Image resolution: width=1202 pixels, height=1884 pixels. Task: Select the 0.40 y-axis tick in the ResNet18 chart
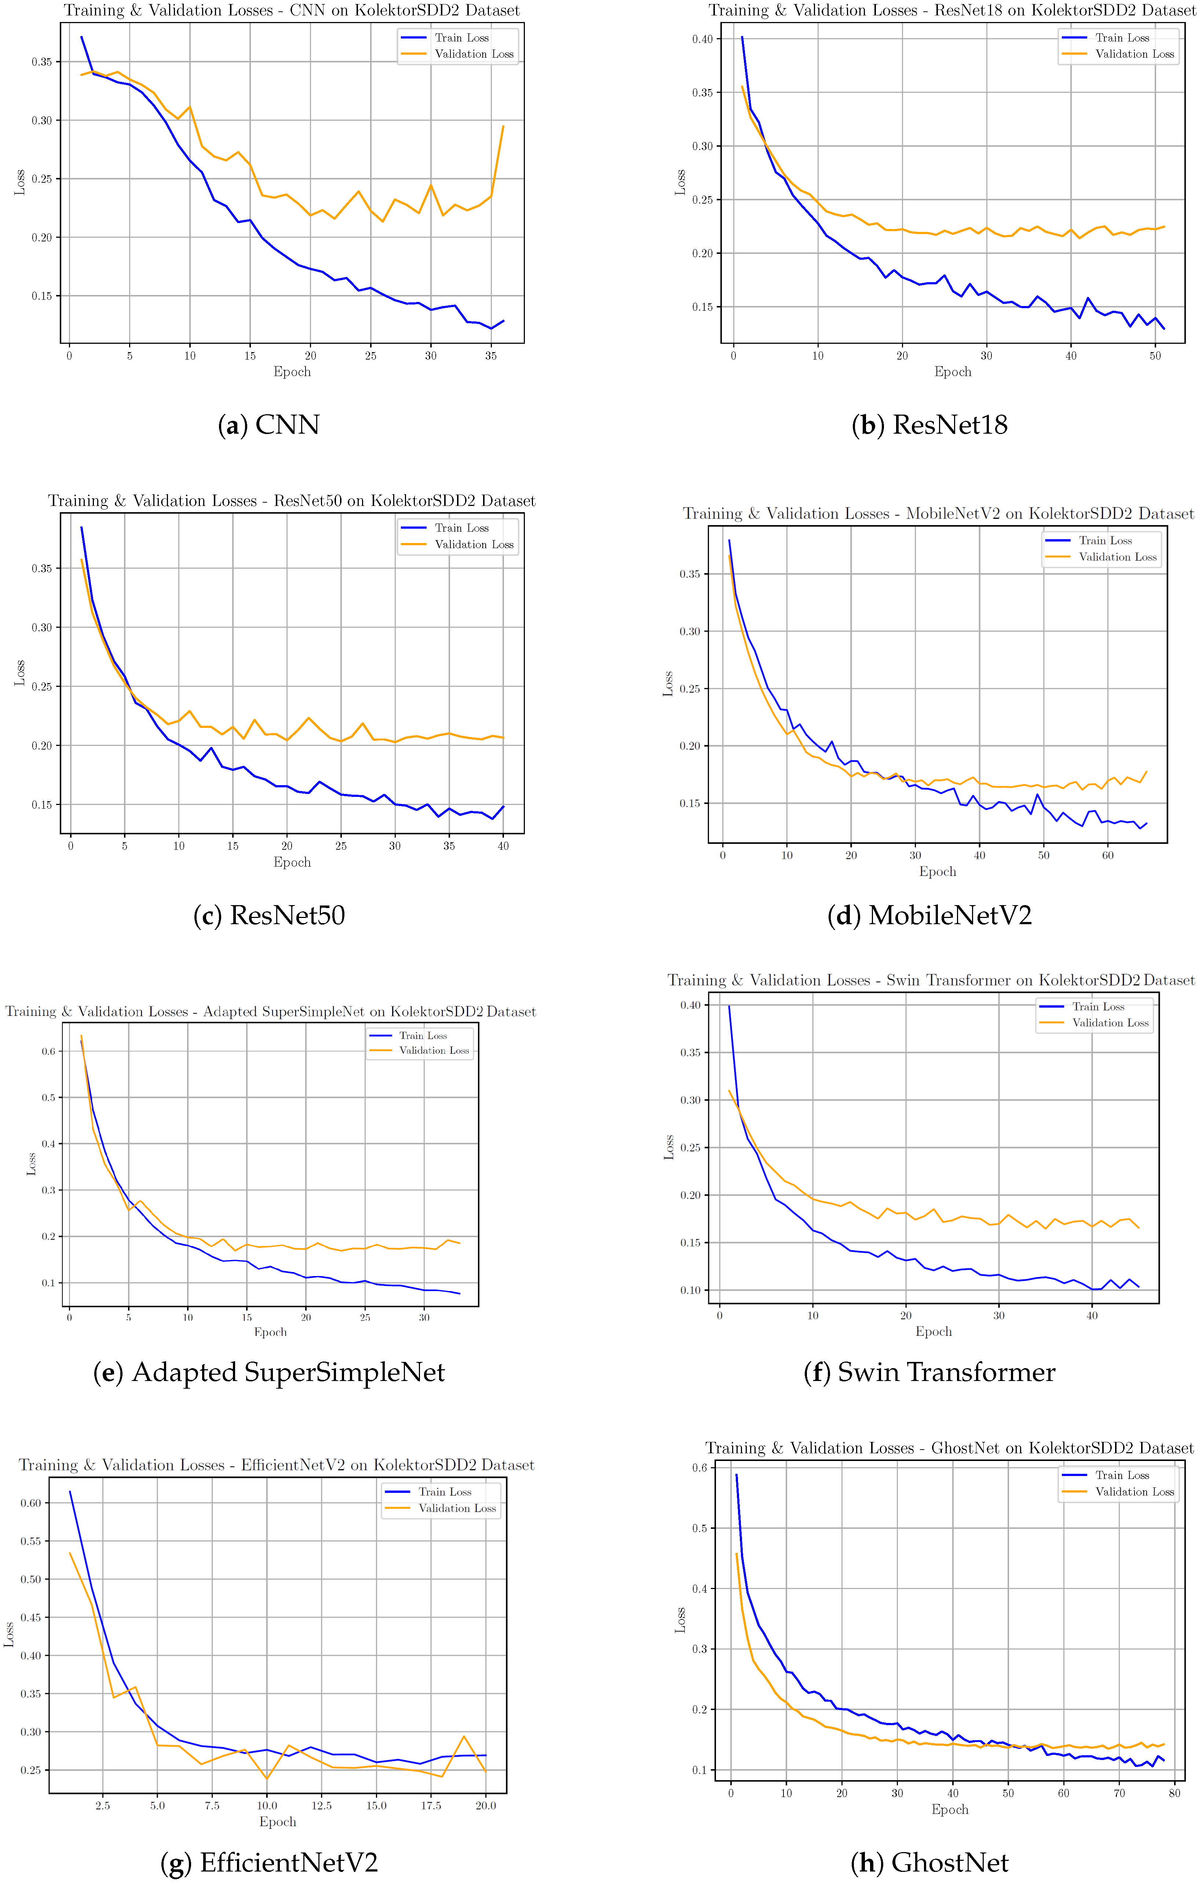tap(702, 39)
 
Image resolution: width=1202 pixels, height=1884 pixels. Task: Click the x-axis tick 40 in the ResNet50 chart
tap(503, 846)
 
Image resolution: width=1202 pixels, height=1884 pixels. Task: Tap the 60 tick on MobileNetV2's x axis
tap(1107, 855)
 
